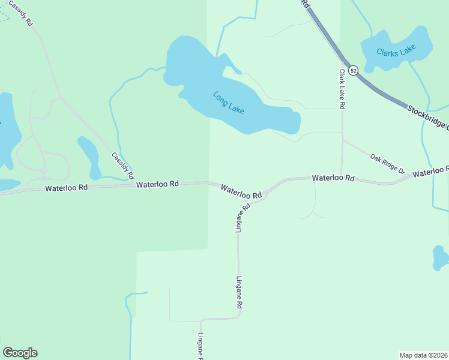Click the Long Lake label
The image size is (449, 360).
pyautogui.click(x=229, y=103)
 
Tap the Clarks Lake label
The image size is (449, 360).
pyautogui.click(x=396, y=51)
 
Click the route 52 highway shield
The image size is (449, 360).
pyautogui.click(x=354, y=71)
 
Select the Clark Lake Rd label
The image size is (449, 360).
pyautogui.click(x=342, y=89)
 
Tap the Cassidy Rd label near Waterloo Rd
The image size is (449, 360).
pyautogui.click(x=122, y=166)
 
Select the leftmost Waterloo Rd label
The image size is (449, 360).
pyautogui.click(x=67, y=188)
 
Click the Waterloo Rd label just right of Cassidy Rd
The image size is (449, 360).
pyautogui.click(x=157, y=184)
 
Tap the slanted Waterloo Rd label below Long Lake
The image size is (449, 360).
pyautogui.click(x=241, y=191)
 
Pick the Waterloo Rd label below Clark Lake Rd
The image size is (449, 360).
pyautogui.click(x=333, y=178)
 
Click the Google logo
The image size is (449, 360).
pyautogui.click(x=20, y=353)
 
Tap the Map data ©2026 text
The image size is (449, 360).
pyautogui.click(x=424, y=355)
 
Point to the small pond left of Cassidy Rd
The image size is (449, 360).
pyautogui.click(x=91, y=157)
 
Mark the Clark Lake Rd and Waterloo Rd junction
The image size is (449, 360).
pyautogui.click(x=342, y=178)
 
